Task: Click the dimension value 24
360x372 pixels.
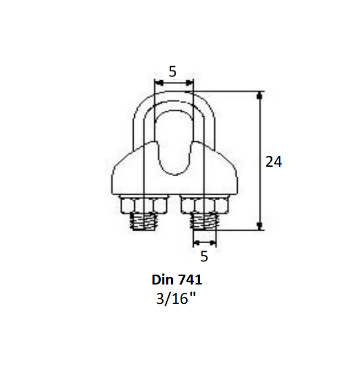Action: tap(274, 162)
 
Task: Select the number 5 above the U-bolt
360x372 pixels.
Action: tap(173, 71)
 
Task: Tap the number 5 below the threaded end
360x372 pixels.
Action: tap(204, 256)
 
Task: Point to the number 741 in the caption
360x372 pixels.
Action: tap(192, 280)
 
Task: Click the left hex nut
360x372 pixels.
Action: tap(143, 205)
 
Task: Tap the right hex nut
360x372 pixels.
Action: tap(204, 205)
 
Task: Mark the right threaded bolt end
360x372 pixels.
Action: tap(204, 222)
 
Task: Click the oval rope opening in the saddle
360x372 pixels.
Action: tap(173, 143)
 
